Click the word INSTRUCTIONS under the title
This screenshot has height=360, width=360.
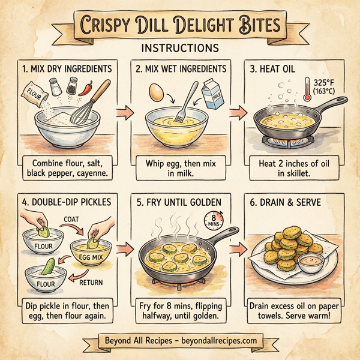[180, 47]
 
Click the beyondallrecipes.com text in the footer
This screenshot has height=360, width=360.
[216, 341]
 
